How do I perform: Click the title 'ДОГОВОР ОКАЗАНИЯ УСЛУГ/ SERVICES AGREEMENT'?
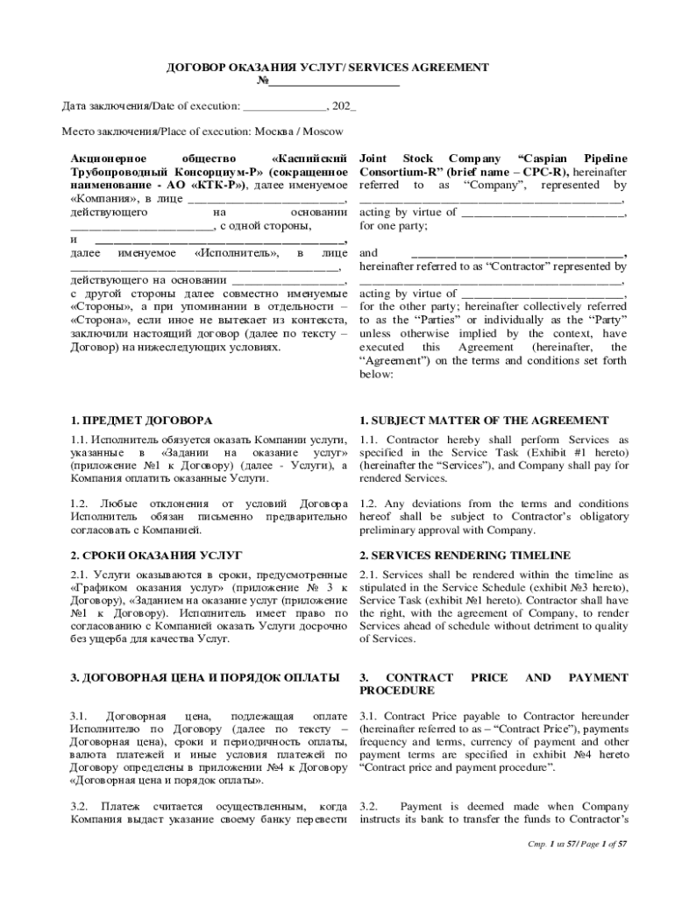pyautogui.click(x=328, y=67)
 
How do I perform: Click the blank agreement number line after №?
pyautogui.click(x=334, y=82)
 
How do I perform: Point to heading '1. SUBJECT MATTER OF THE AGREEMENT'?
pyautogui.click(x=484, y=420)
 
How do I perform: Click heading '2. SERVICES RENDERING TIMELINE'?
pyautogui.click(x=465, y=555)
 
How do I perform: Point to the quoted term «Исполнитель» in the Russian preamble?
pyautogui.click(x=237, y=253)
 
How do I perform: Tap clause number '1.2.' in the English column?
pyautogui.click(x=369, y=504)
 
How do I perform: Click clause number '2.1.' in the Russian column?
pyautogui.click(x=78, y=575)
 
